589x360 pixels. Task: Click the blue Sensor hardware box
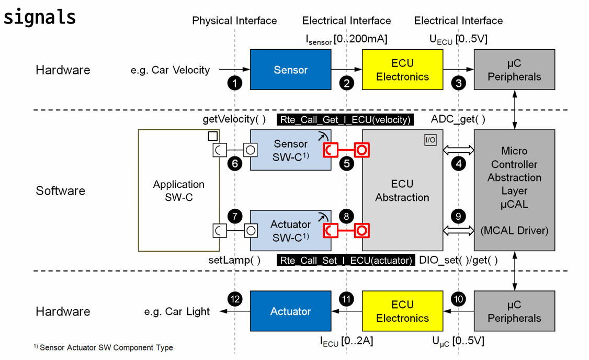(290, 70)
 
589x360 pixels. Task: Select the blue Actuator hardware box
(290, 311)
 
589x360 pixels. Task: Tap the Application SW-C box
(178, 191)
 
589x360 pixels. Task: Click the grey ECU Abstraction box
(402, 191)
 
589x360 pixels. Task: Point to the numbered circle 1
(236, 83)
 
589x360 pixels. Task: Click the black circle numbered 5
(346, 163)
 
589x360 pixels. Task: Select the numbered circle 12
(235, 299)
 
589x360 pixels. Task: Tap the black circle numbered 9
(459, 216)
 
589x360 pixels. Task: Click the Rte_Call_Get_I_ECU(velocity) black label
(345, 120)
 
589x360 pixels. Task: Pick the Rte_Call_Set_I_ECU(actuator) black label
(346, 260)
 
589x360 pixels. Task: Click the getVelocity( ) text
(234, 119)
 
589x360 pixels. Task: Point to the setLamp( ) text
(234, 260)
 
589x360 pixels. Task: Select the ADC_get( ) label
(458, 119)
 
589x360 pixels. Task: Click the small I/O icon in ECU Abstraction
(430, 140)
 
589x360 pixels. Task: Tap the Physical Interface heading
(234, 21)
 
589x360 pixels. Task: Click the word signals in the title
(40, 17)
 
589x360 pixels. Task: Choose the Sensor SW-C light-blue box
(290, 150)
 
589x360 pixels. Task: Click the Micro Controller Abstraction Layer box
(514, 191)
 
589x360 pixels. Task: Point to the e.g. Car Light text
(177, 311)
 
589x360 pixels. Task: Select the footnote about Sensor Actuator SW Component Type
(103, 347)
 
